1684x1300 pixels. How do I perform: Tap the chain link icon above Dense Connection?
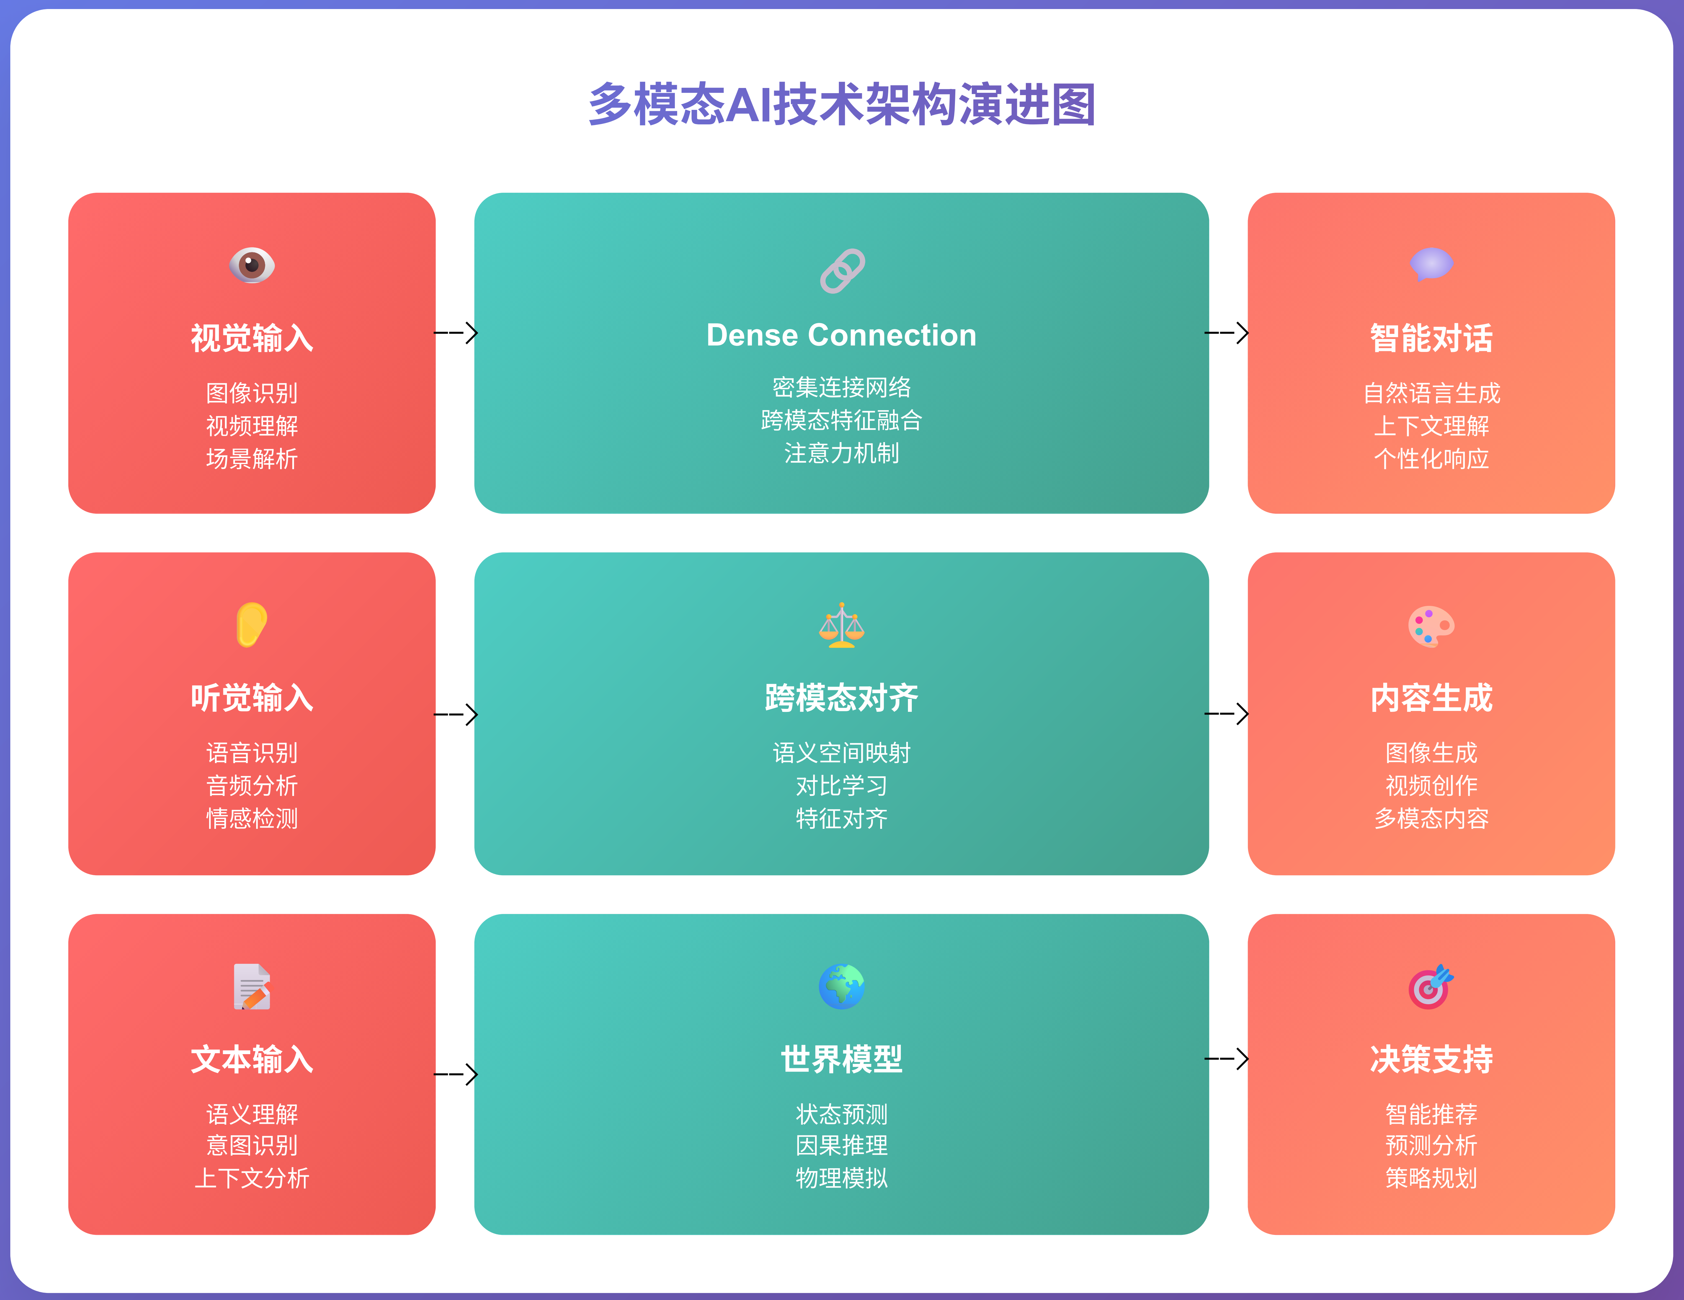(842, 271)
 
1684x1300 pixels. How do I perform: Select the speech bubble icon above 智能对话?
(1431, 265)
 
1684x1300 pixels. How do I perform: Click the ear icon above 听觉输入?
(252, 625)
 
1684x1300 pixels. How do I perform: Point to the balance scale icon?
(842, 625)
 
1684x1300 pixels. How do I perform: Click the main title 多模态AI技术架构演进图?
(842, 105)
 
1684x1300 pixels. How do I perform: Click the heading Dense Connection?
(842, 335)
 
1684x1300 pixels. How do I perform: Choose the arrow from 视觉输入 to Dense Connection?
(456, 333)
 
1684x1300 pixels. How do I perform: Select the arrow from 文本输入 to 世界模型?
(456, 1074)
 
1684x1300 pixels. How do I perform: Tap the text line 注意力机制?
(842, 453)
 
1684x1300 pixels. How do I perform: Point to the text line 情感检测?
(252, 818)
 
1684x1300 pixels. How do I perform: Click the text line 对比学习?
(842, 786)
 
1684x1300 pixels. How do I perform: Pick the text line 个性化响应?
(1431, 459)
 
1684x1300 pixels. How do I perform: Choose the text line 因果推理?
(842, 1146)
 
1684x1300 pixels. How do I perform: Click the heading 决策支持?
(1431, 1059)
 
